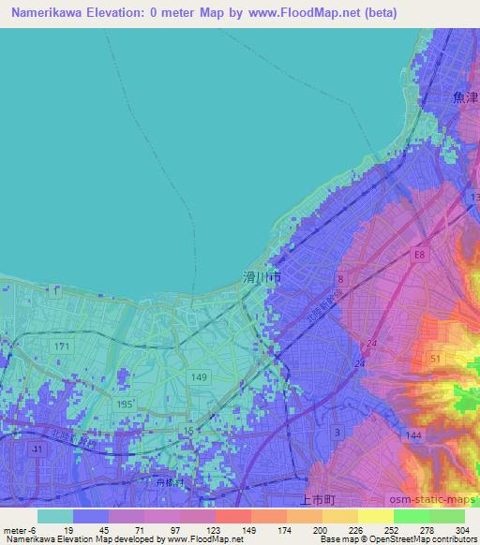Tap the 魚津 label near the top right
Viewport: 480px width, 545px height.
tap(465, 97)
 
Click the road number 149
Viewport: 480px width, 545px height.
tap(200, 377)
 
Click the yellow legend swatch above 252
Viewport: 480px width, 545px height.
tap(376, 516)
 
